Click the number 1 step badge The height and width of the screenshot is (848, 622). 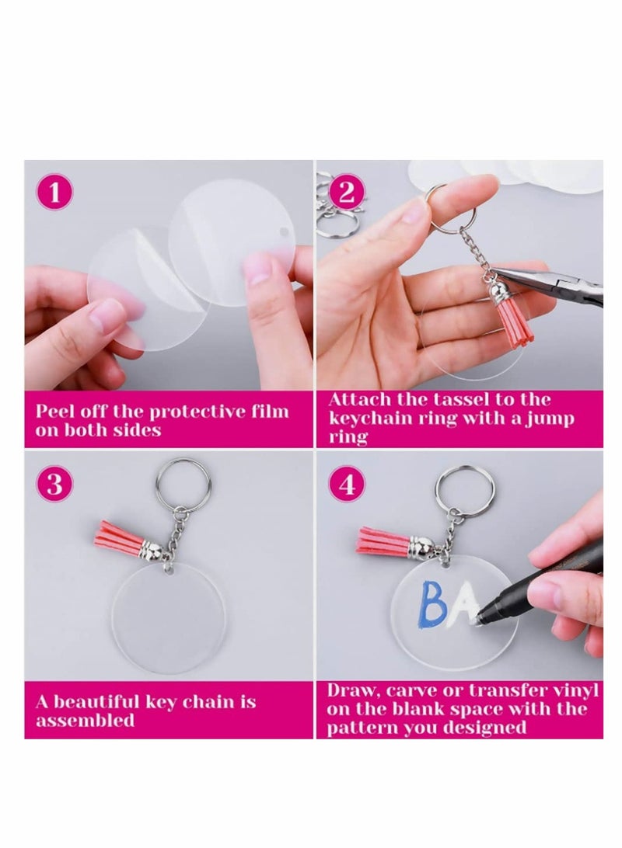(x=54, y=193)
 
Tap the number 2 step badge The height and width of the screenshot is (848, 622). (x=347, y=193)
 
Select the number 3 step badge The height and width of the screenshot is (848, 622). (x=54, y=485)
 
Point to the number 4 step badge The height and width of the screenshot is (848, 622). (x=347, y=485)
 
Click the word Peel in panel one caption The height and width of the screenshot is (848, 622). (x=55, y=412)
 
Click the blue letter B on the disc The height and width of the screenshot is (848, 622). (x=433, y=605)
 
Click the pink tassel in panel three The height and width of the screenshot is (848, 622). (x=123, y=537)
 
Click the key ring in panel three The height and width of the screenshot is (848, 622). (x=183, y=481)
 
